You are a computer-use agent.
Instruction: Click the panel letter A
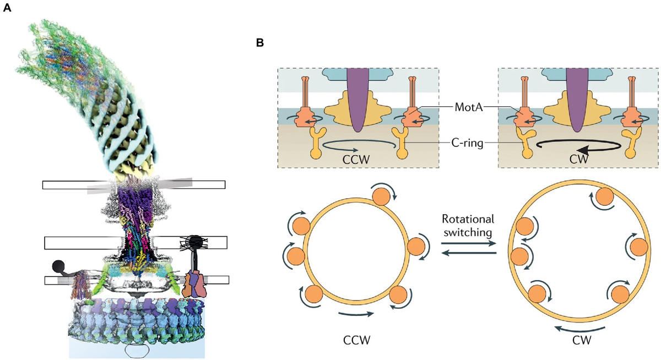click(8, 9)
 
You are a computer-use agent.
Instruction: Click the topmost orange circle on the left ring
click(382, 197)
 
